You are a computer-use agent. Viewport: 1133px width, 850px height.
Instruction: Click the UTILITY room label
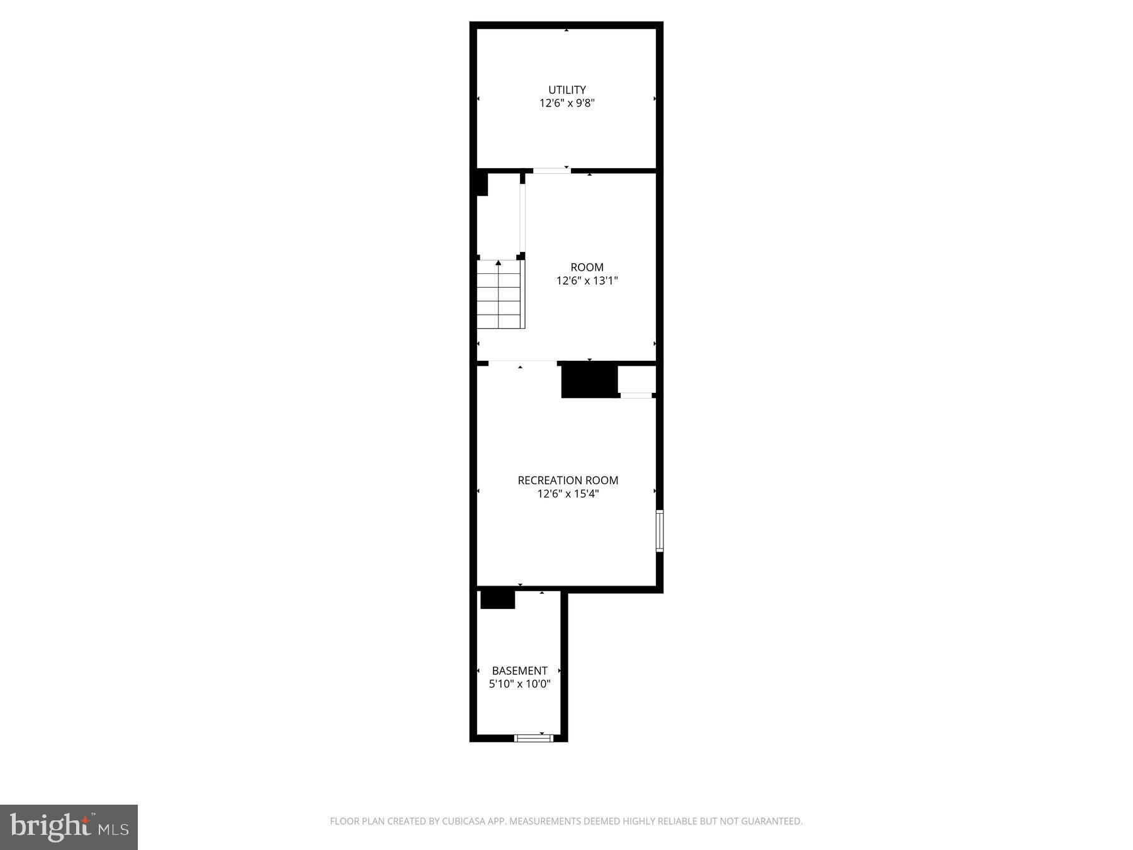point(566,90)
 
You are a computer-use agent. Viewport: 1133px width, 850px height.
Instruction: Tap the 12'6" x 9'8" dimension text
point(566,103)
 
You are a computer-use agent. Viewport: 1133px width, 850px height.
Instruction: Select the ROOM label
point(587,268)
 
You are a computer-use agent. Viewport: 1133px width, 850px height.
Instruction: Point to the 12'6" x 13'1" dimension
point(587,281)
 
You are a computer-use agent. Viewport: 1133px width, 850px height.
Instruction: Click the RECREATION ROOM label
point(568,480)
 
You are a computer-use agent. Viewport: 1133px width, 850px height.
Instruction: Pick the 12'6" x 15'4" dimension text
point(568,494)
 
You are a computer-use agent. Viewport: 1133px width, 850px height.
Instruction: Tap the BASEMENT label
point(519,671)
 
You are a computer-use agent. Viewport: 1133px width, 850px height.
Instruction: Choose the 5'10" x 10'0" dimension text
point(519,684)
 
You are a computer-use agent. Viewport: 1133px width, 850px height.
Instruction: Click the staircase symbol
point(500,295)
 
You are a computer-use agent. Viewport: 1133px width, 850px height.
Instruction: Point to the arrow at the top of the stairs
point(499,263)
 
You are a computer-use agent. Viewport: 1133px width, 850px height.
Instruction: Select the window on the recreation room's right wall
point(659,531)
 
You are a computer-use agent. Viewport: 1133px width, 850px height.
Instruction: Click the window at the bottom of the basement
point(534,738)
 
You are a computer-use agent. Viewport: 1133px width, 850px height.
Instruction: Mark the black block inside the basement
point(497,599)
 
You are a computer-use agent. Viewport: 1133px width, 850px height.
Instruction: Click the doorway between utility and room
point(551,171)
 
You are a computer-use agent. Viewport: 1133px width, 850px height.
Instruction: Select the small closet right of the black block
point(637,380)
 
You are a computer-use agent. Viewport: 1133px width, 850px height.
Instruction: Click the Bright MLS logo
point(69,827)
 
